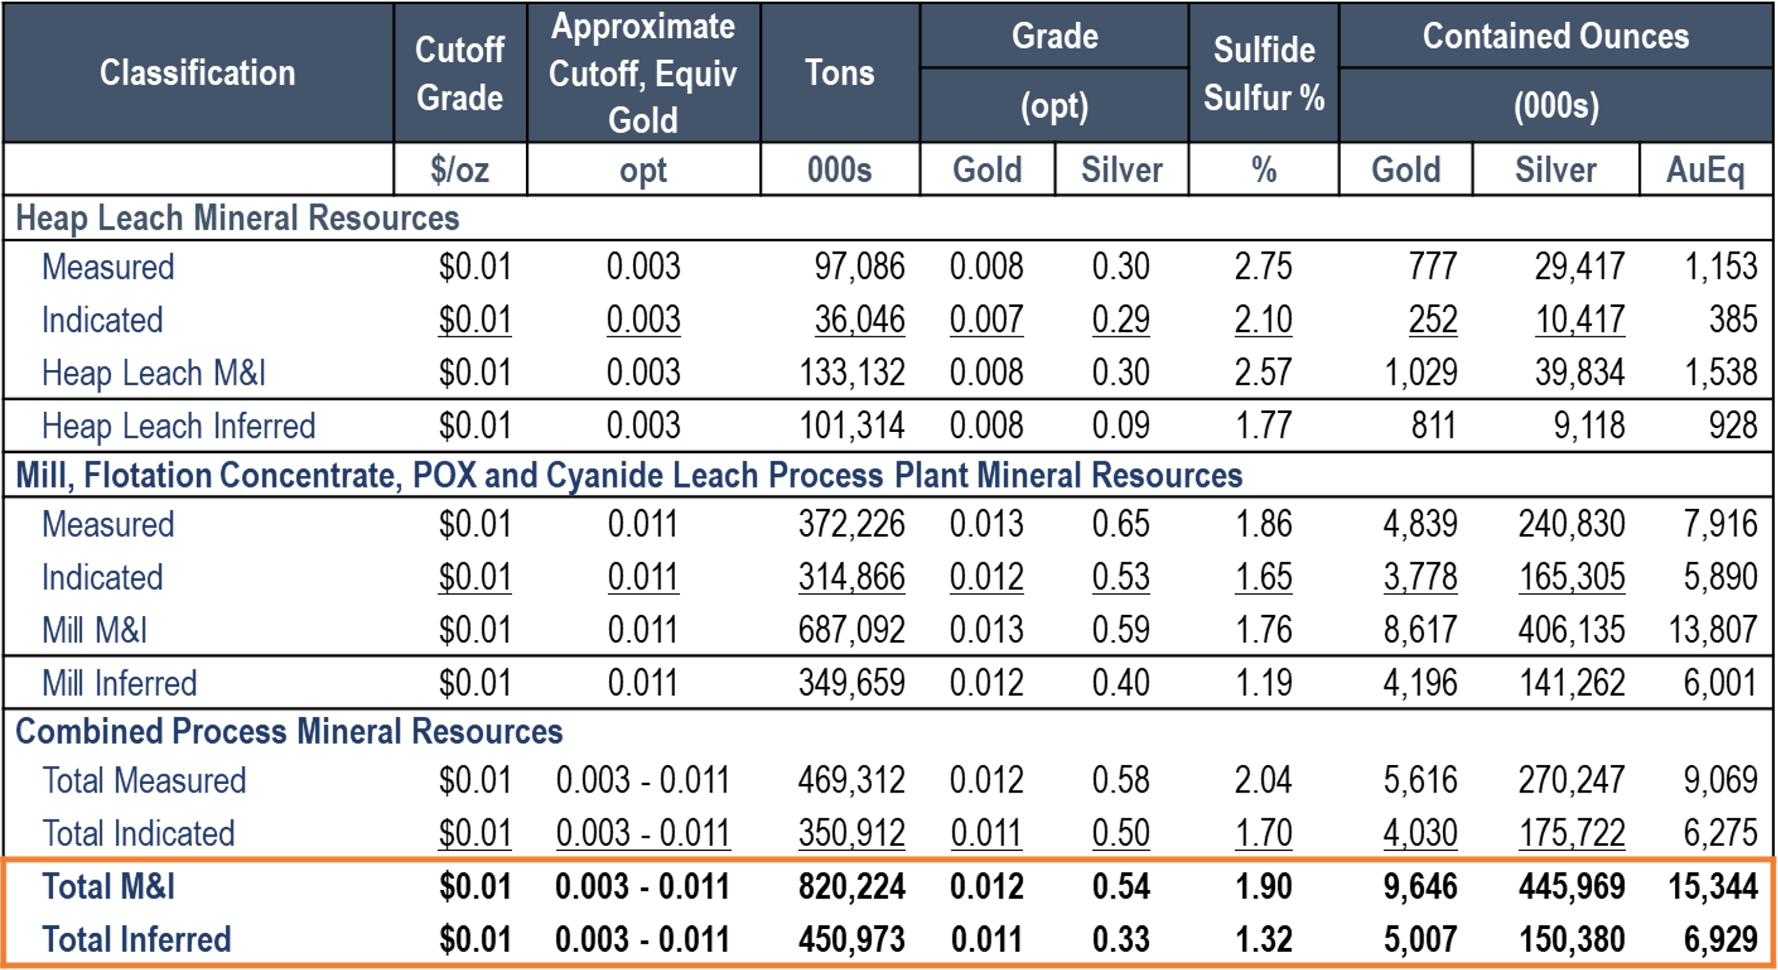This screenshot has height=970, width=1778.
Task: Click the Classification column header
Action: coord(197,72)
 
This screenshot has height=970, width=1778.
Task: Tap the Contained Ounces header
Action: coord(1556,36)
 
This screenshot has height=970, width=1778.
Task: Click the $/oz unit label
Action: coord(460,170)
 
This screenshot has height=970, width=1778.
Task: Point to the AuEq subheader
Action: coord(1705,170)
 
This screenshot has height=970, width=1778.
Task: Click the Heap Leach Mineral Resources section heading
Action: coord(237,218)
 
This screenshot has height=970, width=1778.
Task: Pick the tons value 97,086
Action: coord(859,267)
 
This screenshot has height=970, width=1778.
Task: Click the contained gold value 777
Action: coord(1433,267)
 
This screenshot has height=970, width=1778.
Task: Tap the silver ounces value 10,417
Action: coord(1579,320)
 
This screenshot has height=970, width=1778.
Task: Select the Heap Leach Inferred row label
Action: coord(178,426)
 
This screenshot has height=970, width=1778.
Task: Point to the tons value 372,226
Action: coord(851,525)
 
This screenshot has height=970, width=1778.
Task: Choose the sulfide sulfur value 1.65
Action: coord(1263,577)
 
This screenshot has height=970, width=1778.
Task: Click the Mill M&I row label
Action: coord(95,630)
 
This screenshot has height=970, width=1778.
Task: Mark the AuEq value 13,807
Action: coord(1713,630)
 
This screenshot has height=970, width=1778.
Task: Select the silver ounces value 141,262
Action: coord(1572,683)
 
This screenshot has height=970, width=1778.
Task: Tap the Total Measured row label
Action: coord(143,781)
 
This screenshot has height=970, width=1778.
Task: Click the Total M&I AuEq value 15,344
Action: coord(1713,886)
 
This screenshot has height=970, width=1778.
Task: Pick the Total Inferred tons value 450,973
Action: coord(851,940)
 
